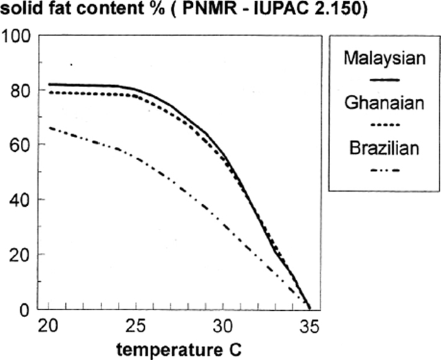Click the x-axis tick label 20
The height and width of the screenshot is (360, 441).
(48, 328)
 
